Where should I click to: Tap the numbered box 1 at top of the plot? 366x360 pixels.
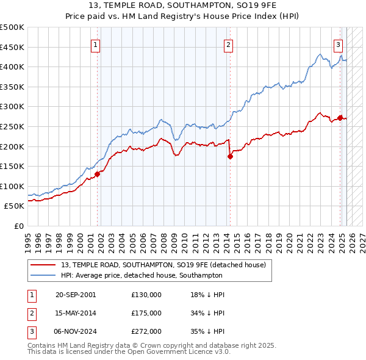(x=97, y=44)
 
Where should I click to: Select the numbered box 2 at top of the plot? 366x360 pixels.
(x=228, y=44)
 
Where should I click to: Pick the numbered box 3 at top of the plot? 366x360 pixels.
(x=338, y=44)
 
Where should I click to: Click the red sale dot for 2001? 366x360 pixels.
(x=97, y=174)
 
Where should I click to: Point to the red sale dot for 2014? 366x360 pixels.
(x=230, y=156)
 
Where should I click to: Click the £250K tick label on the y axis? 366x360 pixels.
(x=12, y=126)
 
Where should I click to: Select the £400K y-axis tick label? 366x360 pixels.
(x=12, y=67)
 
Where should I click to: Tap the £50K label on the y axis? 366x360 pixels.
(x=15, y=206)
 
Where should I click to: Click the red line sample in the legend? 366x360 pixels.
(x=43, y=265)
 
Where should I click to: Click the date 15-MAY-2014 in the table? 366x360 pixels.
(x=76, y=313)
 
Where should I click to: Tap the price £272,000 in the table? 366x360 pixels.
(x=146, y=331)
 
